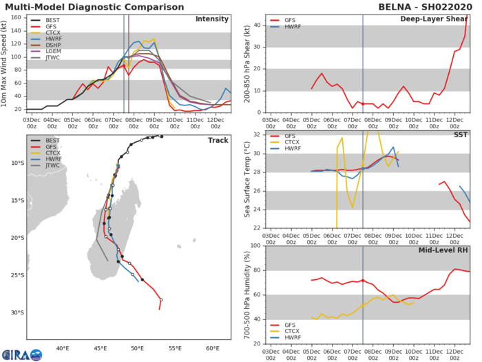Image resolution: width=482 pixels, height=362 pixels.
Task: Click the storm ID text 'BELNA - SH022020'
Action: coord(434,6)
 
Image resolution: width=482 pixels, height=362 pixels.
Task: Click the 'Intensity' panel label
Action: coord(212,19)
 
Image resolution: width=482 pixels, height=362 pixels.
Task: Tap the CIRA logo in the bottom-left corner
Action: coord(21,354)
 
